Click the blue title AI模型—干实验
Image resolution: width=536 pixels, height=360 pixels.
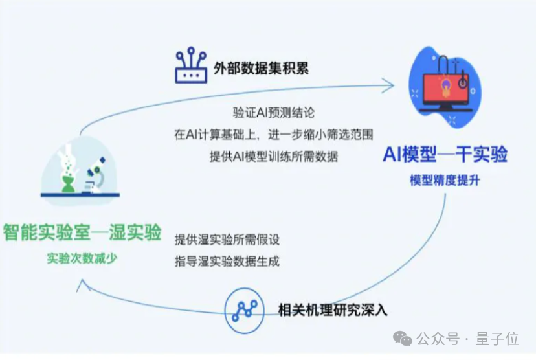click(x=445, y=155)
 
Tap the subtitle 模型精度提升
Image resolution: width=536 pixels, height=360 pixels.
click(x=445, y=180)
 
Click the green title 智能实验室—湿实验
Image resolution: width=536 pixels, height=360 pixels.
click(x=82, y=232)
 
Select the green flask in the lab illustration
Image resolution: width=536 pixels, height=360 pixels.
click(x=67, y=178)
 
